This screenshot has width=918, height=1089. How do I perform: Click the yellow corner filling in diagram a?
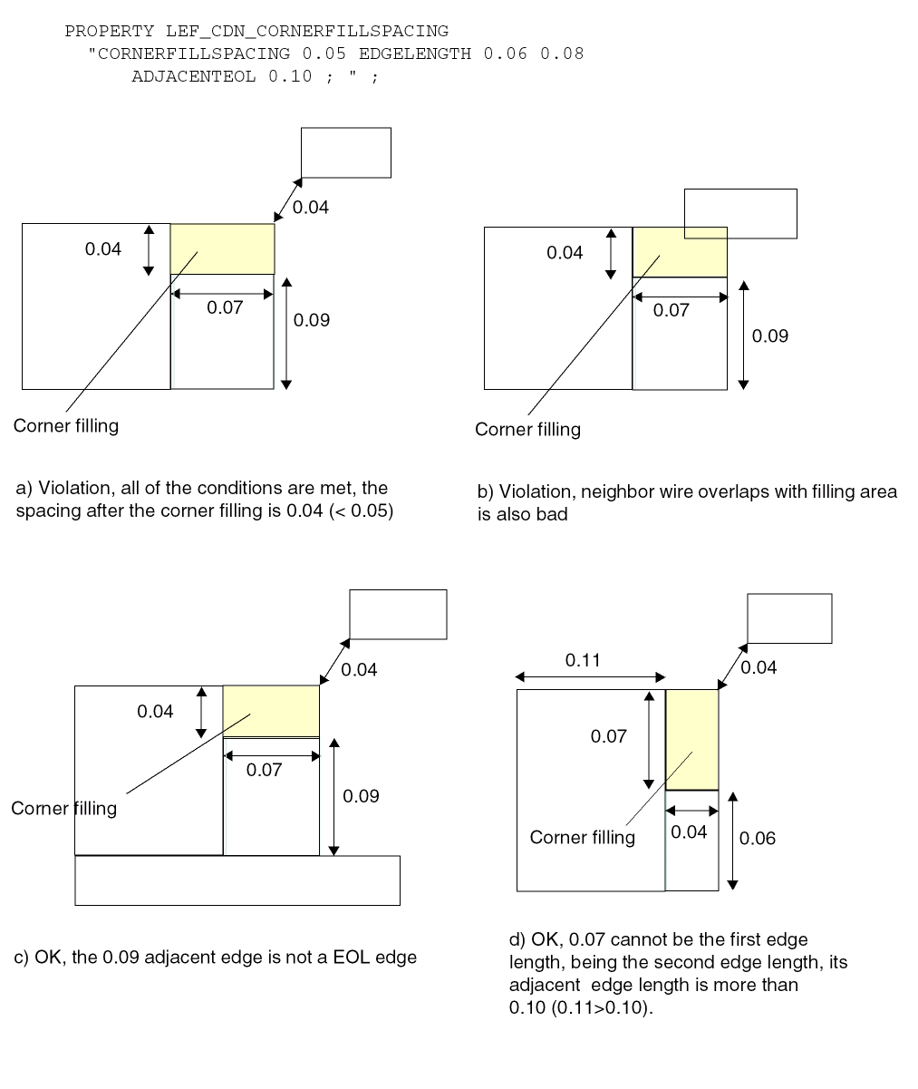point(222,248)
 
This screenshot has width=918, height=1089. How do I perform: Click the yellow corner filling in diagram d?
point(691,740)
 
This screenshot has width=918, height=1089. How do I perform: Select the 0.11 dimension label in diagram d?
point(583,660)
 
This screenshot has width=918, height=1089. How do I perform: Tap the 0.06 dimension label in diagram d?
point(757,838)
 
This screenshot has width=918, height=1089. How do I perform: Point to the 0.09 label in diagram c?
point(361,796)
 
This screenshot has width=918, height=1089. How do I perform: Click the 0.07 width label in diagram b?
point(671,310)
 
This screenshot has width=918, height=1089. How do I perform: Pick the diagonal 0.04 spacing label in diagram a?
point(310,207)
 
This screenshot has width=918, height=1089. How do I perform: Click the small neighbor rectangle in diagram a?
point(346,153)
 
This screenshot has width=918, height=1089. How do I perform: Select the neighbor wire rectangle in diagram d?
point(789,618)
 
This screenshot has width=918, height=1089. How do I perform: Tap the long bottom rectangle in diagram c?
point(237,880)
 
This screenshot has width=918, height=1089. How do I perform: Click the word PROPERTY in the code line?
point(110,32)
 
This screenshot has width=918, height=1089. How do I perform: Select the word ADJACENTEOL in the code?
point(193,77)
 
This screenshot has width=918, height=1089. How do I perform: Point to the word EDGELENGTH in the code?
point(415,53)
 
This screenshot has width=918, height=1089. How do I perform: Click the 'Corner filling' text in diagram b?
point(527,429)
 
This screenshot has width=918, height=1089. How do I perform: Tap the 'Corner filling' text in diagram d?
point(583,837)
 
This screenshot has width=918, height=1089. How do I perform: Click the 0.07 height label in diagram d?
point(608,736)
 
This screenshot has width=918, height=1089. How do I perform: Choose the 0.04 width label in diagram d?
point(689,831)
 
